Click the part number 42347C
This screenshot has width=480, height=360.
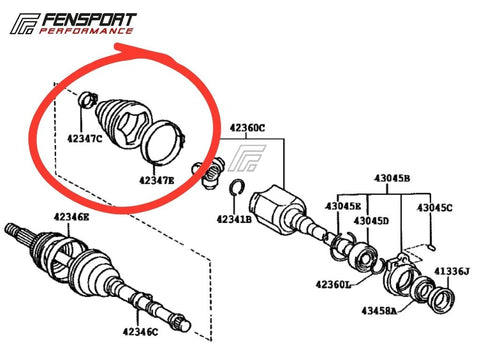[84, 139]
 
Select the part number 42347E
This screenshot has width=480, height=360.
[157, 180]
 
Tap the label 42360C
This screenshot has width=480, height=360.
[247, 128]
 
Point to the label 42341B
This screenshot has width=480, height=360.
[234, 219]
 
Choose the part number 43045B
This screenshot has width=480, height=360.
[392, 178]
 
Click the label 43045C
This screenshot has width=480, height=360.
[435, 208]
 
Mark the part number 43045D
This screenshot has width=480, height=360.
[371, 221]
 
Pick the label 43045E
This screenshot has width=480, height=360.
[343, 206]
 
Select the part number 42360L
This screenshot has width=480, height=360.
[333, 284]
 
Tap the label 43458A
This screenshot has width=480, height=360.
[379, 311]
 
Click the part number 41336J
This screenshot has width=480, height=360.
[452, 272]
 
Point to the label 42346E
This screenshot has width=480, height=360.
[71, 217]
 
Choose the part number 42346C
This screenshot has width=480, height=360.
[140, 332]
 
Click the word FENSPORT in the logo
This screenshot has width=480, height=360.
[88, 20]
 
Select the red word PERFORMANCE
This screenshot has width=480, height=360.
[86, 31]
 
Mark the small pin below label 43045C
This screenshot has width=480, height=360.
[431, 247]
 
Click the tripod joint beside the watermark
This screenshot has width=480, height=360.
[207, 172]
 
